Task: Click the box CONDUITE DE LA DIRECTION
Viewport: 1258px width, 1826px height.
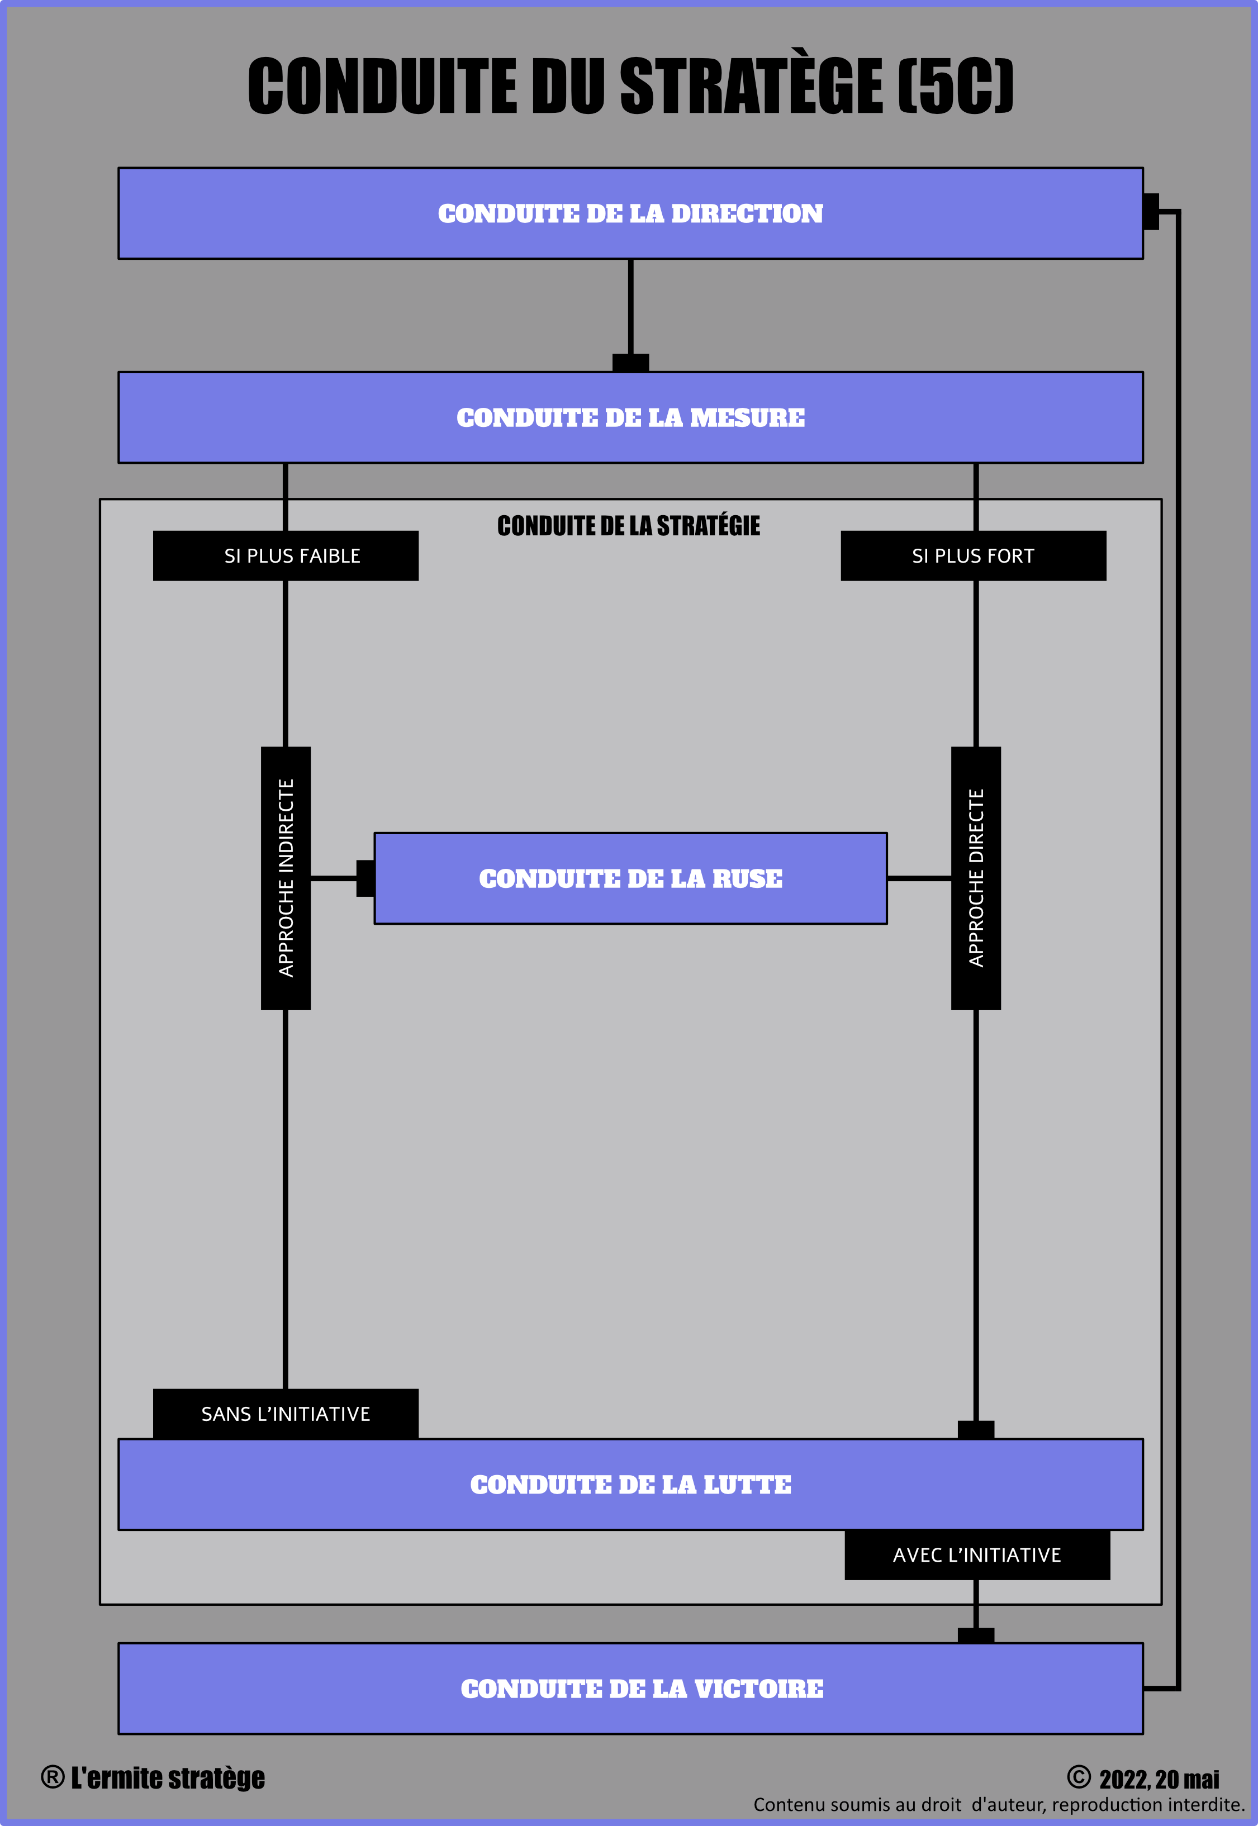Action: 630,213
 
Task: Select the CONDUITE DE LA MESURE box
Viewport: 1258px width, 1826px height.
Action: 630,417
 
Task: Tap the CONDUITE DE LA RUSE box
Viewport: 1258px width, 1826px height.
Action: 630,878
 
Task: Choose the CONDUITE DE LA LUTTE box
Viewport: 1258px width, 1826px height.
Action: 630,1484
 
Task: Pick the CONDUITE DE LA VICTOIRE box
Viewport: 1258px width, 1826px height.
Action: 630,1688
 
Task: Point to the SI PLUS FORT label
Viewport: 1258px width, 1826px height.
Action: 974,555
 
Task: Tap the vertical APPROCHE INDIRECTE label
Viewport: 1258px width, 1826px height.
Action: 286,878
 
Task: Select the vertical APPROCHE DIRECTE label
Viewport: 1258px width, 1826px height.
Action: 976,878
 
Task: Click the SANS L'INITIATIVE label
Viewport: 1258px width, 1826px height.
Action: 286,1414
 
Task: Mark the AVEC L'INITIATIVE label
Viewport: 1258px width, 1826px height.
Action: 977,1555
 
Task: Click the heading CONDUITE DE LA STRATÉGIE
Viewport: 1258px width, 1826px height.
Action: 629,526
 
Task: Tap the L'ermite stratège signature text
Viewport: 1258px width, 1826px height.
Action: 168,1778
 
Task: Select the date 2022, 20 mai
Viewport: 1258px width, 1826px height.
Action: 1160,1780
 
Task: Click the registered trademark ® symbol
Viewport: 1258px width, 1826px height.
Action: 53,1777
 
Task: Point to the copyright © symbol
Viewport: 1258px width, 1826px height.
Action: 1079,1777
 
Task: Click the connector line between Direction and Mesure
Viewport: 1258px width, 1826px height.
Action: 630,307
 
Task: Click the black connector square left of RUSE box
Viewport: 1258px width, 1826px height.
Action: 365,878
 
